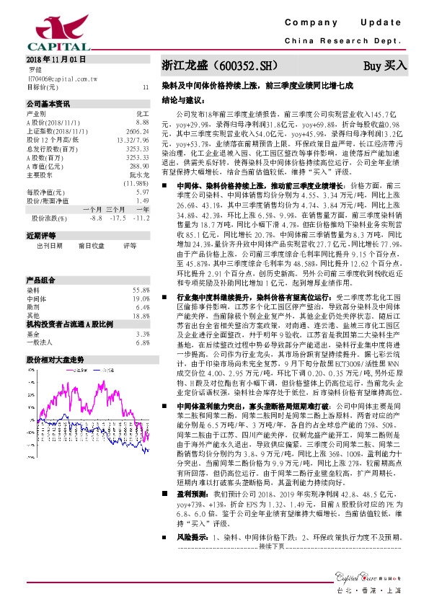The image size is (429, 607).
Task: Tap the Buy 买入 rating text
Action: (385, 66)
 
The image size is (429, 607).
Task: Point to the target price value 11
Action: (146, 87)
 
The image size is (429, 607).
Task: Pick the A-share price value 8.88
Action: (142, 123)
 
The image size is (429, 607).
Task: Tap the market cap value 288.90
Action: (138, 165)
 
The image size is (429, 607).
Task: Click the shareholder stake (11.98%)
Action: (136, 183)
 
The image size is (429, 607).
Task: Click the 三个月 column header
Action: (115, 209)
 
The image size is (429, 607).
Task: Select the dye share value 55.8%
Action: (141, 269)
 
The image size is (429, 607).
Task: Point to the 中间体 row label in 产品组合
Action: (36, 278)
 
